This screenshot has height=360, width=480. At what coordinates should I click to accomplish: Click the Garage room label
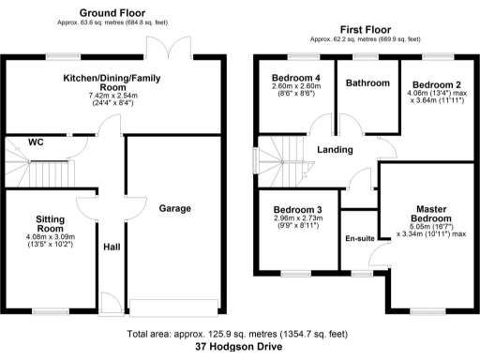(x=174, y=207)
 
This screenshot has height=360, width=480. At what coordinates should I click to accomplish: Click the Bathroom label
(x=367, y=83)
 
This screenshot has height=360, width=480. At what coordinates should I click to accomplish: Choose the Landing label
(x=335, y=150)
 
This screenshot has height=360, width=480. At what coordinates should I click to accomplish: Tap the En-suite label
(x=359, y=239)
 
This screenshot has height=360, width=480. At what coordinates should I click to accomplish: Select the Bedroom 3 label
(x=297, y=209)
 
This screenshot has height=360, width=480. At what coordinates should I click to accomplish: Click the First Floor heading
(x=362, y=31)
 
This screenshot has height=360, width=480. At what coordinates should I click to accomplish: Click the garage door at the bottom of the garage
(x=175, y=307)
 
